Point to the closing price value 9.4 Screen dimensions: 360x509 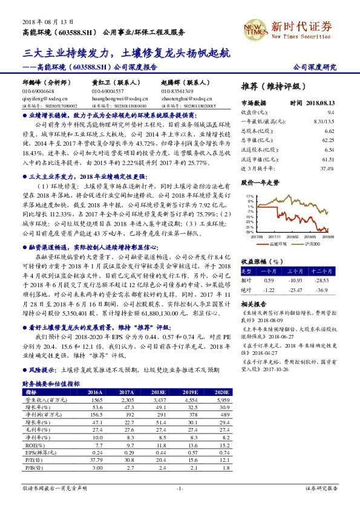coord(331,112)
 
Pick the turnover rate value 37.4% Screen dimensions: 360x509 coord(327,167)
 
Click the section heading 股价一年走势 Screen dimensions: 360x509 coord(261,181)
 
